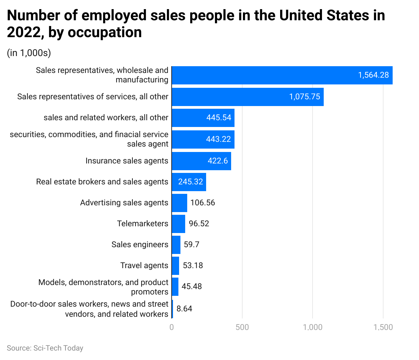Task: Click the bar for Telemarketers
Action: tap(178, 224)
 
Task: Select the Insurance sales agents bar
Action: tap(201, 161)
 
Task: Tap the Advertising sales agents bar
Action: tap(179, 203)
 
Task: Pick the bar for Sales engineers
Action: tap(176, 245)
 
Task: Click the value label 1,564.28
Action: tap(373, 75)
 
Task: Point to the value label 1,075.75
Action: tap(304, 97)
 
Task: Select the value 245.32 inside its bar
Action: tap(191, 182)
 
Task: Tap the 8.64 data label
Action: tap(184, 309)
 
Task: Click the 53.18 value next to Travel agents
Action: tap(193, 265)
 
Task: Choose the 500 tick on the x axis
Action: tap(242, 327)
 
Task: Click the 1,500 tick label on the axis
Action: tap(383, 327)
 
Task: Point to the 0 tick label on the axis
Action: tap(172, 327)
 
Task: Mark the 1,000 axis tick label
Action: tap(313, 327)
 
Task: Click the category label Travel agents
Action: tap(144, 265)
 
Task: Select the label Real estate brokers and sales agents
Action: tap(102, 182)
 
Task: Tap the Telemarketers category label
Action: tap(143, 224)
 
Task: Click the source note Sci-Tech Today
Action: tap(45, 348)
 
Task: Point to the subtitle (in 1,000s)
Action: tap(29, 53)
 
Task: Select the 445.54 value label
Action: tap(219, 118)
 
